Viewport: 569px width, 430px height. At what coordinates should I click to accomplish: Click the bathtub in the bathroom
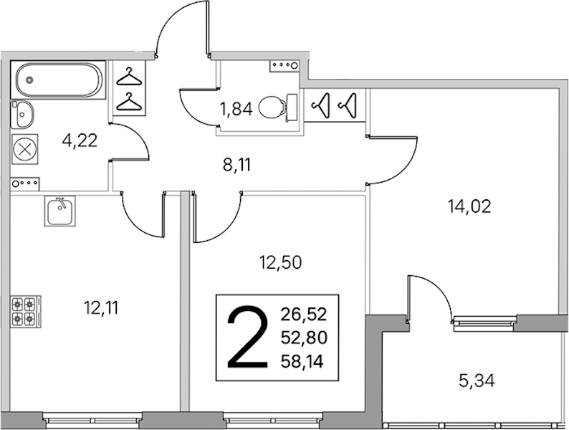(x=58, y=80)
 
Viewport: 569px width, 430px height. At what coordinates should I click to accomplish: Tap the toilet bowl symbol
(x=277, y=107)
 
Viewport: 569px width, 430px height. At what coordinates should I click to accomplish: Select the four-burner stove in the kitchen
(x=25, y=311)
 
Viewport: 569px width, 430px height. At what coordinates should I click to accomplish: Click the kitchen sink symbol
(x=60, y=211)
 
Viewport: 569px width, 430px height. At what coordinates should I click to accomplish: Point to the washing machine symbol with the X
(x=24, y=149)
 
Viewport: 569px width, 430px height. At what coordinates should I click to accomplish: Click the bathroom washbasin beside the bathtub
(x=21, y=114)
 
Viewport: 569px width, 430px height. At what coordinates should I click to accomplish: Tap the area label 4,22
(x=80, y=140)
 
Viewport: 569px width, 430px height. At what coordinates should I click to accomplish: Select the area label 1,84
(x=236, y=108)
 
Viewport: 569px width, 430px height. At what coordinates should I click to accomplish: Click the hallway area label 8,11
(x=236, y=166)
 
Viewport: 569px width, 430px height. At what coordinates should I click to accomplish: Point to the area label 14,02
(x=469, y=207)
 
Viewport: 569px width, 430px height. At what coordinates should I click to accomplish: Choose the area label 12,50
(x=280, y=262)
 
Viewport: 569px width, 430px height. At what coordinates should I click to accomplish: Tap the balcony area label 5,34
(x=477, y=381)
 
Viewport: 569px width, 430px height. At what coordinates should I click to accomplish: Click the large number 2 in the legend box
(x=247, y=338)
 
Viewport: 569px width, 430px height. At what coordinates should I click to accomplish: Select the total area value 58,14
(x=302, y=362)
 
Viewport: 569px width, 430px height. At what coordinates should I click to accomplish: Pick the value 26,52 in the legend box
(x=304, y=314)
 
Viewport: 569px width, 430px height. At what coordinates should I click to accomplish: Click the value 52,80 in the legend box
(x=304, y=338)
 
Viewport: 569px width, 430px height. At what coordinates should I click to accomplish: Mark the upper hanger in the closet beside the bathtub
(x=128, y=77)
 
